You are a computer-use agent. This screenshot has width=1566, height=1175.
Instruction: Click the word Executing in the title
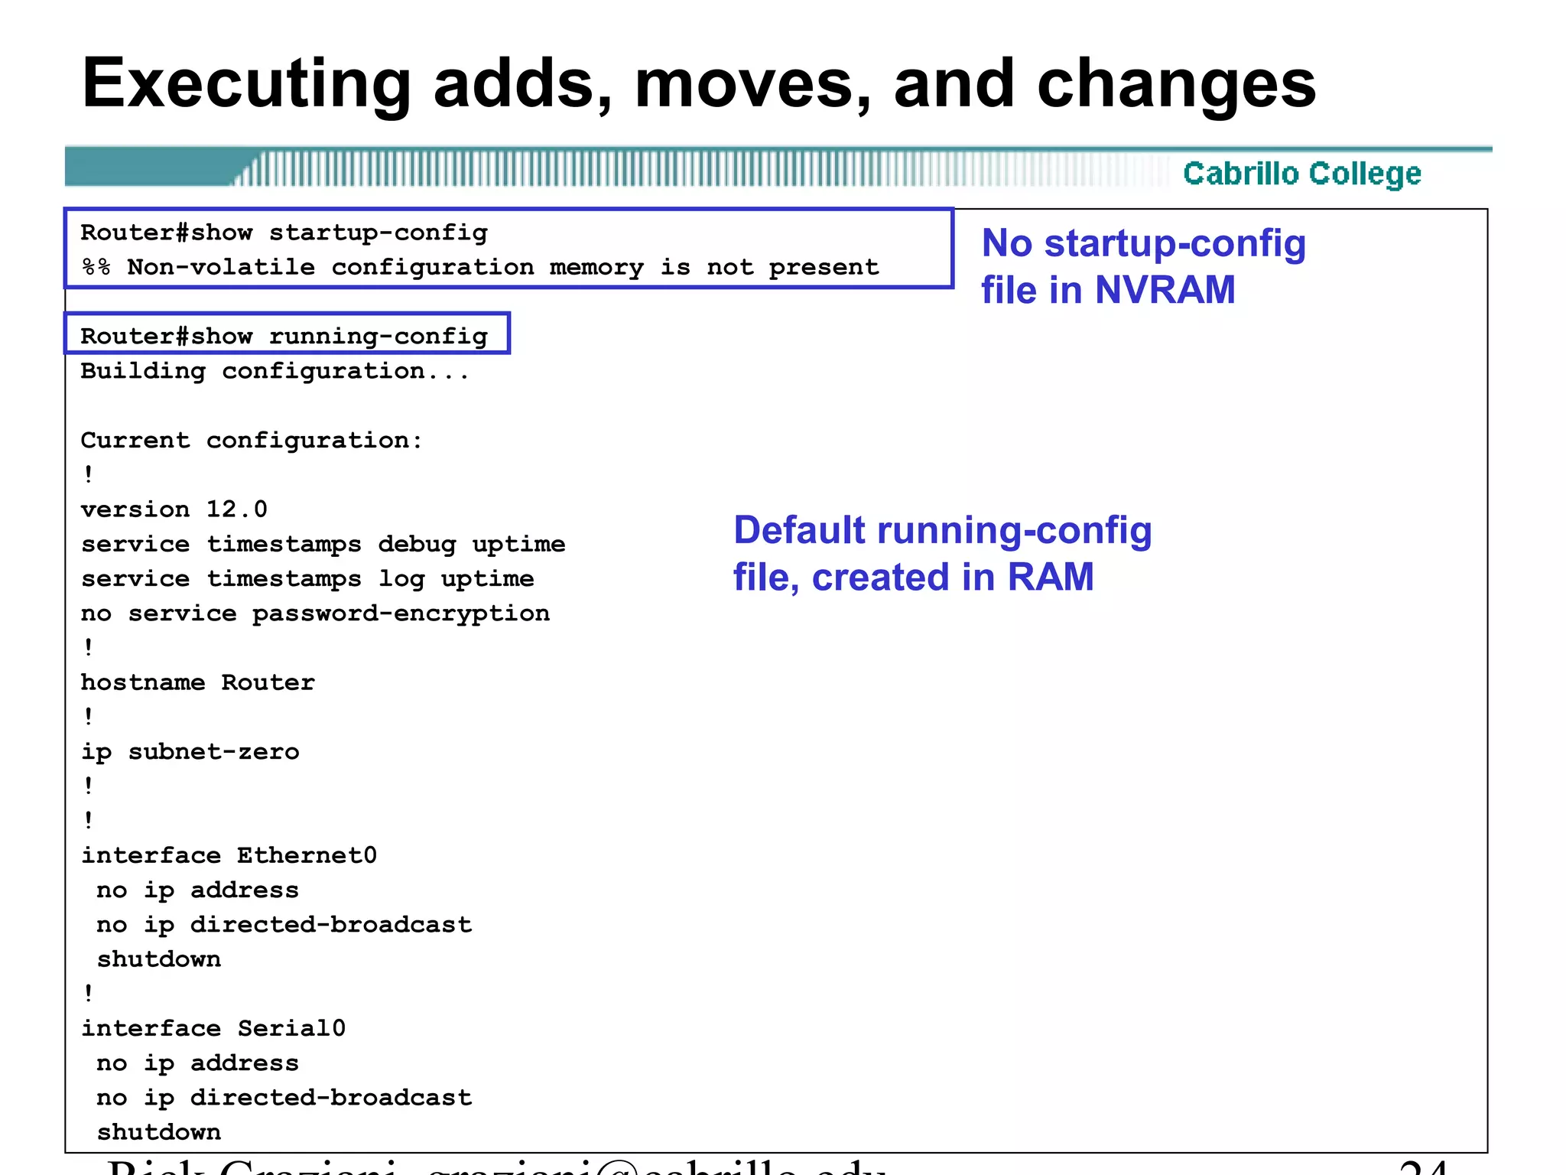click(x=246, y=84)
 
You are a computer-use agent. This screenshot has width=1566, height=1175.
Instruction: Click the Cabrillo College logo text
click(x=1301, y=174)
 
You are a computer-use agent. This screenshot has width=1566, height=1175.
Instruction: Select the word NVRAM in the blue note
click(x=1165, y=290)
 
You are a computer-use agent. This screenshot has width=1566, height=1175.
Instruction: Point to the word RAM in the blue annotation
click(x=1051, y=577)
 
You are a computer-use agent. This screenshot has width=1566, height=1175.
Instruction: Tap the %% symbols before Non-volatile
click(x=96, y=267)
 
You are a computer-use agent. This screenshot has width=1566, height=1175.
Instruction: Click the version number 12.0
click(x=236, y=509)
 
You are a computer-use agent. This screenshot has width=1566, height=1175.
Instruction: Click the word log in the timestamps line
click(x=401, y=579)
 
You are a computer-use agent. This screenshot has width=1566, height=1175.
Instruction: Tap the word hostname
click(x=143, y=682)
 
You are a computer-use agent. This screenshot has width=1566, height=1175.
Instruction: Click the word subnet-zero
click(x=213, y=752)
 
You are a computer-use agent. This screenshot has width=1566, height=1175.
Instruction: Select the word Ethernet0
click(x=307, y=855)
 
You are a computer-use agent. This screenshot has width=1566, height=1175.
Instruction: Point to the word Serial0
click(x=291, y=1028)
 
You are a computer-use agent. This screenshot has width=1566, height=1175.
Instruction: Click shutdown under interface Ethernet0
click(x=159, y=959)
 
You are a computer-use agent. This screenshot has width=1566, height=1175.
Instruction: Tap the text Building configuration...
click(x=275, y=372)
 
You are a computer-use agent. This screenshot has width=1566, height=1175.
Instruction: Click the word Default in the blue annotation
click(x=800, y=530)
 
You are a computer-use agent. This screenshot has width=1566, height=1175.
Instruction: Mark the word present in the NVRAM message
click(x=824, y=267)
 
